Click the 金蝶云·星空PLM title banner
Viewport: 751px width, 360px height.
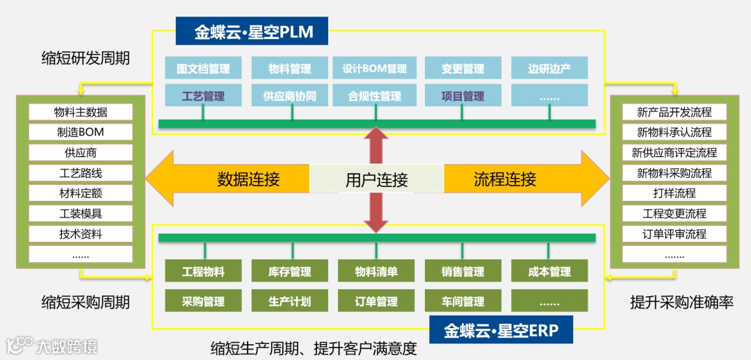pyautogui.click(x=252, y=32)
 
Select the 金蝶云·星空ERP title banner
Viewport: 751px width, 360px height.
pyautogui.click(x=501, y=330)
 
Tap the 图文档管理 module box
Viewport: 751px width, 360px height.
pyautogui.click(x=203, y=69)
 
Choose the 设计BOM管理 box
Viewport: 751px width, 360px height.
pyautogui.click(x=374, y=69)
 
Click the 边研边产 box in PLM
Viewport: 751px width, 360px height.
pyautogui.click(x=549, y=69)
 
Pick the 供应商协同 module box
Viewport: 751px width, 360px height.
pyautogui.click(x=289, y=96)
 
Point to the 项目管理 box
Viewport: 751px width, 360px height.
pyautogui.click(x=462, y=96)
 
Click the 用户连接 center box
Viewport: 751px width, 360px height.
pyautogui.click(x=376, y=180)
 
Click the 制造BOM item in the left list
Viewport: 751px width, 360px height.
pyautogui.click(x=81, y=132)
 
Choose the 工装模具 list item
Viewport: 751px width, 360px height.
pyautogui.click(x=81, y=213)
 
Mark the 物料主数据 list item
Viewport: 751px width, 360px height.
pyautogui.click(x=81, y=112)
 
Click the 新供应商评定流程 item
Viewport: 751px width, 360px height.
pyautogui.click(x=674, y=152)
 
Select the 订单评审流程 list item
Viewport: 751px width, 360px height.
pyautogui.click(x=674, y=234)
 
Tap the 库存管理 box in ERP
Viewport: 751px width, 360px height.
pyautogui.click(x=289, y=272)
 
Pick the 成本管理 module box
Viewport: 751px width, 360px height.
pyautogui.click(x=549, y=272)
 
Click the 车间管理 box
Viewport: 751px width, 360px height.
pyautogui.click(x=462, y=302)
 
